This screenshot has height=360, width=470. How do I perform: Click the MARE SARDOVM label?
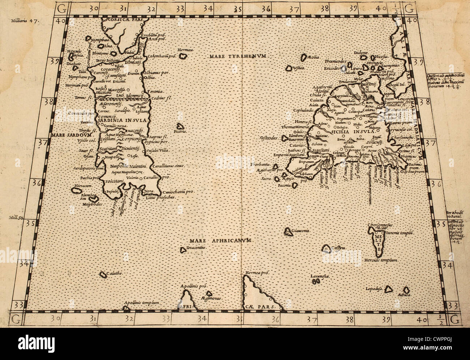tap(66, 135)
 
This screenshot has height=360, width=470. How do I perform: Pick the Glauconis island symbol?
tap(288, 232)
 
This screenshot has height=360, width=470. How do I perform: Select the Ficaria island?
tap(180, 126)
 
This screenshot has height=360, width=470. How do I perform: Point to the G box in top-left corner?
tap(62, 9)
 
